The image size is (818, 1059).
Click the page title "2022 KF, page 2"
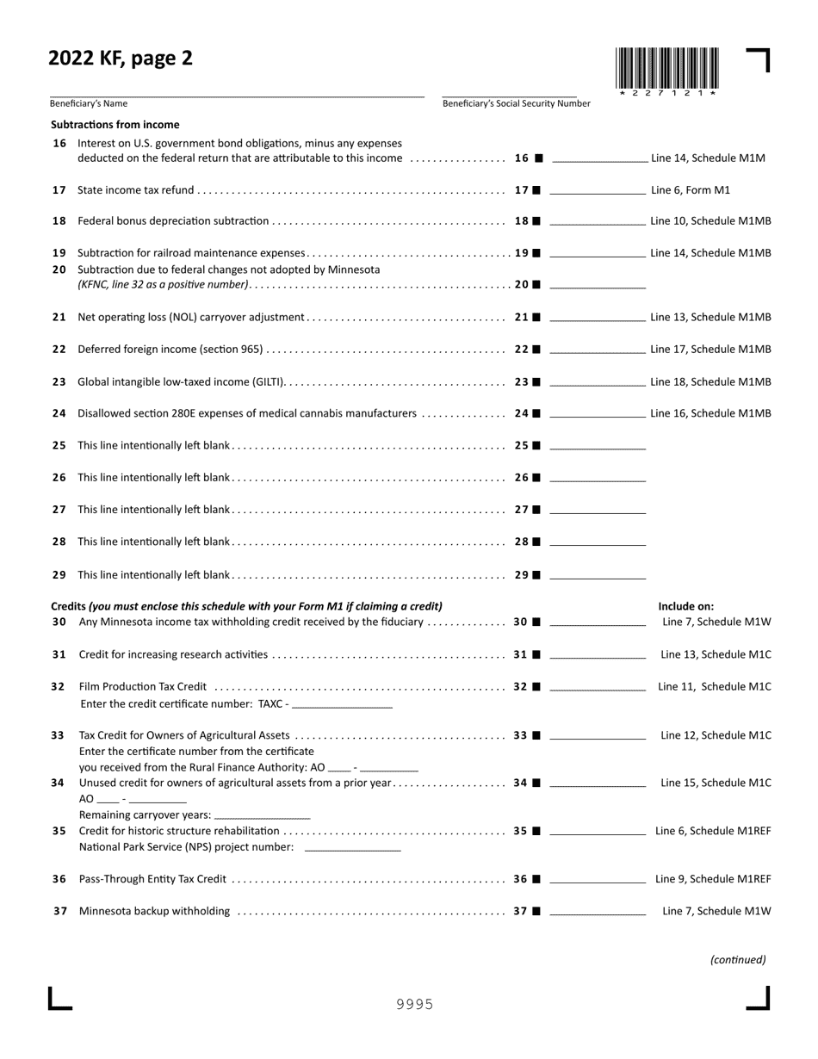[121, 59]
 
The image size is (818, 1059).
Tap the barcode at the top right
[667, 68]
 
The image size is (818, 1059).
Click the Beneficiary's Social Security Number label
[517, 103]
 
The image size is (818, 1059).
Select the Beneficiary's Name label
[89, 103]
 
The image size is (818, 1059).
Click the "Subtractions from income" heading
[115, 125]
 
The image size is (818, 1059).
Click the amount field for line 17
[598, 190]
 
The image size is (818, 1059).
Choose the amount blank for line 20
[598, 285]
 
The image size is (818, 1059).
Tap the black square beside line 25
[536, 446]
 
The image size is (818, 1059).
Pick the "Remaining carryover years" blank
[262, 815]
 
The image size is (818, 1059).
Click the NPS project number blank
[353, 848]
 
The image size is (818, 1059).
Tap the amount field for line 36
[598, 880]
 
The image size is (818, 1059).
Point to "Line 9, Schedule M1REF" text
[713, 879]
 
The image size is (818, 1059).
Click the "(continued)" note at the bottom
[738, 959]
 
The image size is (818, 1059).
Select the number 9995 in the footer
[414, 1004]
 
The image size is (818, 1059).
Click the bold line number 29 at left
[59, 574]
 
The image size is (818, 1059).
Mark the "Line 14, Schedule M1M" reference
[708, 158]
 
